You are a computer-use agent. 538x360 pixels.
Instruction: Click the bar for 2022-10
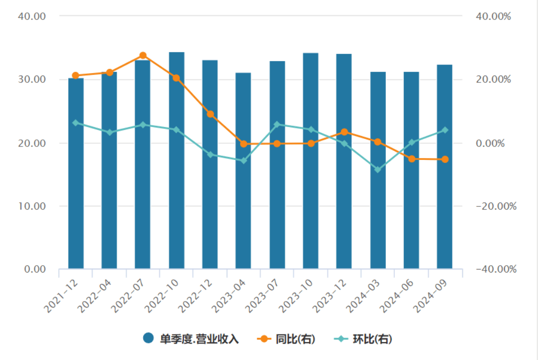point(176,160)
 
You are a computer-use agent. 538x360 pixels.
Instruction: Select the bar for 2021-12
point(76,173)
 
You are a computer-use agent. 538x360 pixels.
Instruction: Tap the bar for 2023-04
point(243,170)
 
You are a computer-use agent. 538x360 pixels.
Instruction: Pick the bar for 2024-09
point(444,166)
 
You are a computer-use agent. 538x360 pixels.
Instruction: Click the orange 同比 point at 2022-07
point(143,55)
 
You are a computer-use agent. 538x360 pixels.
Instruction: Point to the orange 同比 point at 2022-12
point(210,114)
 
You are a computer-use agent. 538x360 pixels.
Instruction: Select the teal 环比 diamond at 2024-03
point(378,170)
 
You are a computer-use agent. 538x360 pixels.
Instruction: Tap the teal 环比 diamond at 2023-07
point(277,124)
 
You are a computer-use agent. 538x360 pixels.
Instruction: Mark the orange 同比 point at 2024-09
point(444,159)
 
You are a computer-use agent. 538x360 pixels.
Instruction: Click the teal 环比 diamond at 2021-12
point(76,122)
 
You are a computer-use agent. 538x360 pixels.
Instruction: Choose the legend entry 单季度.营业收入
point(191,338)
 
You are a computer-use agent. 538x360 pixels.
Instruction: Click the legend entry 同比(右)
point(286,338)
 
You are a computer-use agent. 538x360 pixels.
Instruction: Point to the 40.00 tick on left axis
point(32,16)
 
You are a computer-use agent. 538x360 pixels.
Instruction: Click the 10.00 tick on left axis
point(32,206)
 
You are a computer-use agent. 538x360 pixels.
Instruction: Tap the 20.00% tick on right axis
point(493,79)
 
